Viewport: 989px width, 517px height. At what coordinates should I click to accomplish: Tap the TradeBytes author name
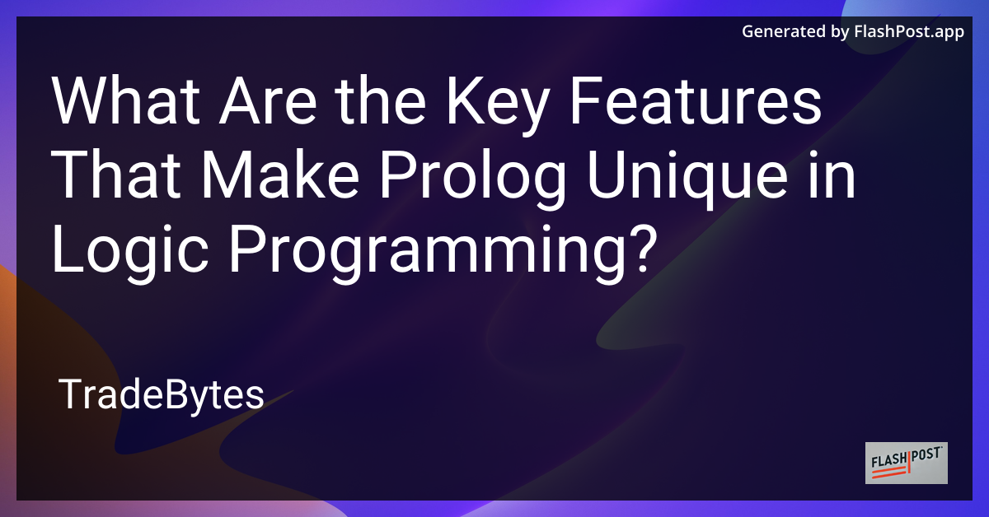tap(162, 396)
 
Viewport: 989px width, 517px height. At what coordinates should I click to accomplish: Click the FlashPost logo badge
tap(907, 463)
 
